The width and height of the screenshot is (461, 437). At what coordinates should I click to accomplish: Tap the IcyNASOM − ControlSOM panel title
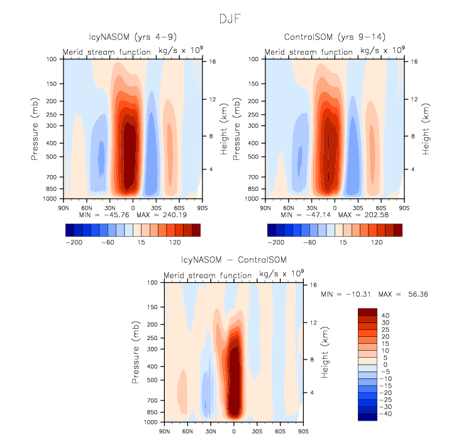(233, 260)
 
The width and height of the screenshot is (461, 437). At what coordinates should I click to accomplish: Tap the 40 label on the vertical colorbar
(385, 315)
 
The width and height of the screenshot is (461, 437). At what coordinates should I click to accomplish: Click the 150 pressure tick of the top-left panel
(52, 84)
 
